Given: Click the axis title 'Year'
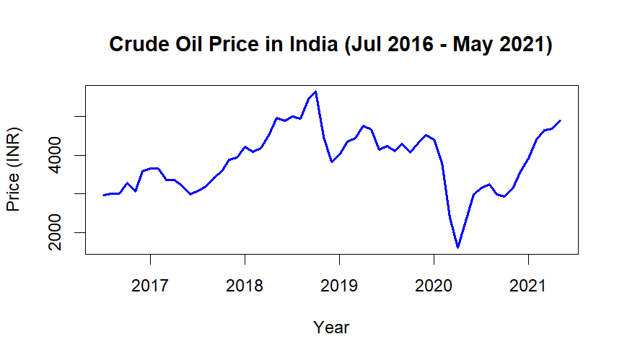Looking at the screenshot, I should tap(331, 328).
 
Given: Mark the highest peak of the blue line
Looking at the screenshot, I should tap(315, 92).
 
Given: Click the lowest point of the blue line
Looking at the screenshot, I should tap(457, 247).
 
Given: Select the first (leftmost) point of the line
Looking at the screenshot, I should tap(104, 195).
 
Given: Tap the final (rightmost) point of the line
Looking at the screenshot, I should tap(560, 120).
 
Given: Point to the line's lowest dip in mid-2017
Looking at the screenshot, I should tap(190, 194).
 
